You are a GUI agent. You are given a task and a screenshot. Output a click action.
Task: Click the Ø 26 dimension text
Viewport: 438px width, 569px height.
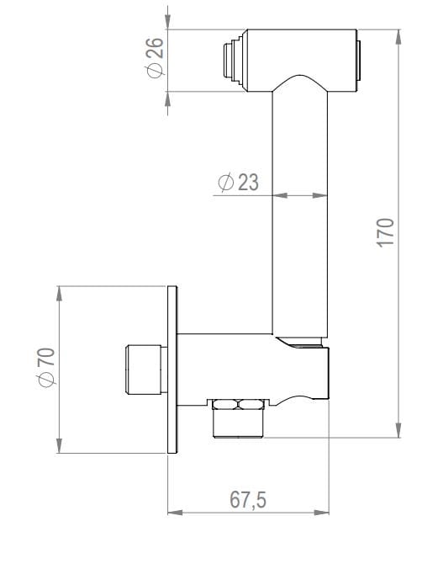pos(153,61)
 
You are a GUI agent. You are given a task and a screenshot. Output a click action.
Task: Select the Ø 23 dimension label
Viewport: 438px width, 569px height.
pos(238,182)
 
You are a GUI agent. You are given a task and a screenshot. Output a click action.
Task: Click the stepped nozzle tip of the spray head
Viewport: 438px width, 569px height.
pos(229,61)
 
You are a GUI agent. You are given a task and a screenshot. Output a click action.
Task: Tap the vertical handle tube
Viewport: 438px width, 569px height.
pos(300,210)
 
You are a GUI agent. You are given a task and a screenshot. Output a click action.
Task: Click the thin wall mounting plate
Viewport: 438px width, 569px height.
pos(173,370)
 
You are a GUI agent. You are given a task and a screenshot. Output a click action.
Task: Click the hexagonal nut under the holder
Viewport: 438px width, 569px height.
pos(238,404)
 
